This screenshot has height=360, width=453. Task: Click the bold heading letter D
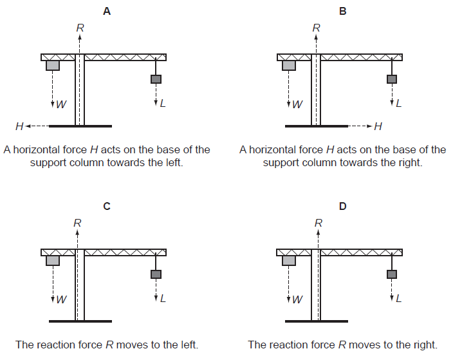(342, 206)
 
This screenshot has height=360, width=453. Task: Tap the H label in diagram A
(20, 126)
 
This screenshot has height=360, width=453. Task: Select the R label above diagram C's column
(78, 223)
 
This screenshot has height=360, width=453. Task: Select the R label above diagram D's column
(318, 223)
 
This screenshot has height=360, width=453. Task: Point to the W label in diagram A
(61, 104)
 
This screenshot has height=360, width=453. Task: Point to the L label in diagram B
(399, 103)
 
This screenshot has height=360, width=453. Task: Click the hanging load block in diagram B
(392, 79)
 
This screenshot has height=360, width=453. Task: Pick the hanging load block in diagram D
(392, 274)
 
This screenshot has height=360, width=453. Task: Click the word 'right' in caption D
(424, 345)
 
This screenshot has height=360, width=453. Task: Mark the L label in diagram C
(163, 298)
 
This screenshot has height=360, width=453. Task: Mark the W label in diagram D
(297, 299)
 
